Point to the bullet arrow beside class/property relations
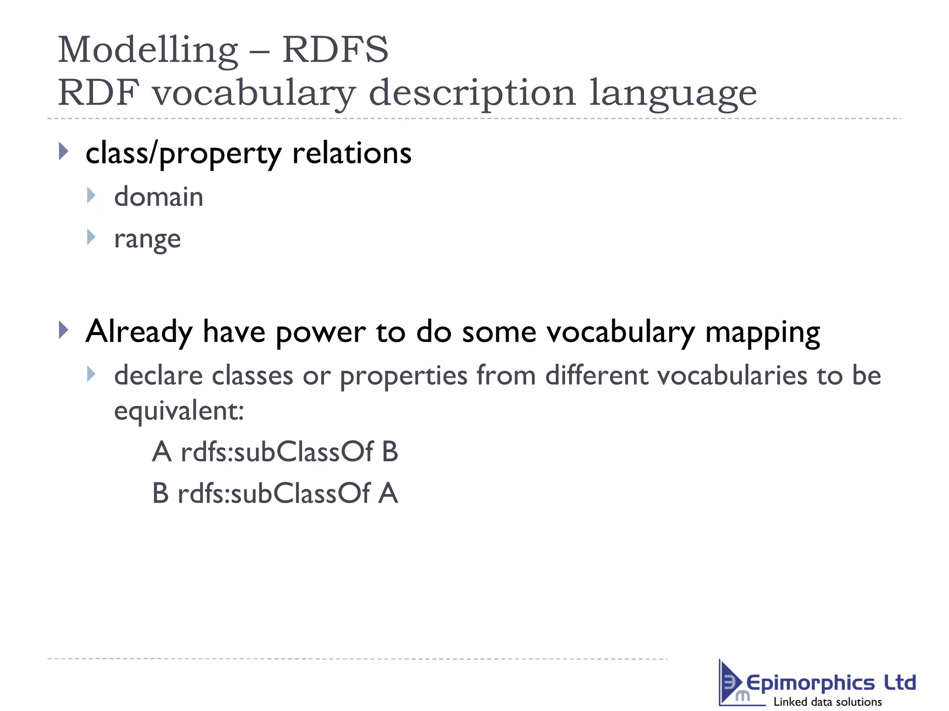click(x=64, y=152)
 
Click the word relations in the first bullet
click(x=352, y=153)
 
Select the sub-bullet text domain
click(x=158, y=197)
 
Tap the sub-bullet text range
click(x=147, y=240)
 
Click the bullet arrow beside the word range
click(x=91, y=237)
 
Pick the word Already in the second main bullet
click(x=139, y=332)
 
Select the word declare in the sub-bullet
click(x=158, y=375)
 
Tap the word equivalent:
click(x=179, y=411)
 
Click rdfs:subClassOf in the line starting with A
click(x=277, y=452)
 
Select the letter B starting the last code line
click(x=160, y=493)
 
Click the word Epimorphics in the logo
click(x=810, y=683)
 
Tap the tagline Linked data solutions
click(x=828, y=702)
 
